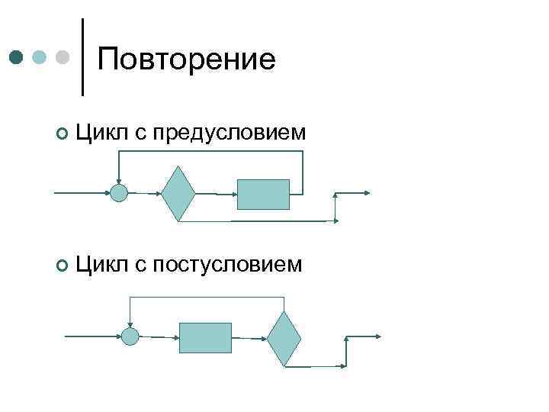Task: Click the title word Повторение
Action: click(186, 59)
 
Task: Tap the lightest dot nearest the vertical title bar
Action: click(65, 57)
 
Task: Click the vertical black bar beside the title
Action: click(82, 57)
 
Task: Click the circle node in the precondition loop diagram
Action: click(119, 193)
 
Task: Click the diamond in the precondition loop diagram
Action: click(178, 193)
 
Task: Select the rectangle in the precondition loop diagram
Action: click(264, 194)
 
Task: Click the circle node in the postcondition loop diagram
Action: click(130, 336)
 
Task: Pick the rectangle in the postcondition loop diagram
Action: click(205, 337)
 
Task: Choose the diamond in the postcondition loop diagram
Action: click(284, 338)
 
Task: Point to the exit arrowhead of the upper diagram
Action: click(368, 193)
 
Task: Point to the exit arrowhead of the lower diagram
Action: click(378, 336)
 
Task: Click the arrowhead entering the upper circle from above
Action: click(119, 181)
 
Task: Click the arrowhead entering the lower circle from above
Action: click(130, 325)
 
